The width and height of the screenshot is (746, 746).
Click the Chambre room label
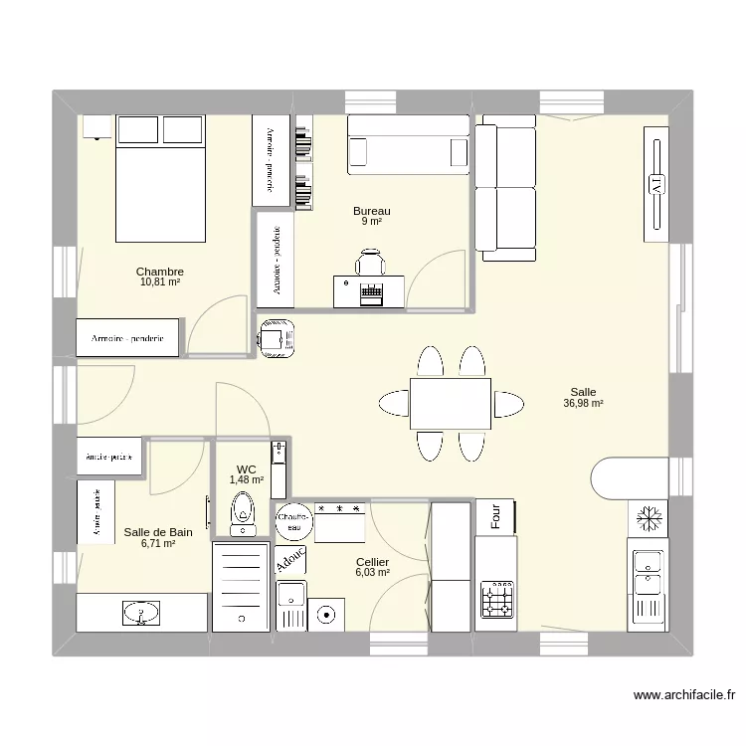point(159,272)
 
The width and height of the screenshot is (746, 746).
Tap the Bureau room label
point(371,211)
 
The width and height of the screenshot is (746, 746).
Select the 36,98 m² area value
point(583,404)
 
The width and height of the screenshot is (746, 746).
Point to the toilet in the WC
point(241,514)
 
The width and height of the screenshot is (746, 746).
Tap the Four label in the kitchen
point(495,515)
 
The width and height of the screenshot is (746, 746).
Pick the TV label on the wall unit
point(655,184)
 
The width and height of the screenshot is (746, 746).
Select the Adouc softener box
point(290,562)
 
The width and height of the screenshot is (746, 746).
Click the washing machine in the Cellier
point(325,616)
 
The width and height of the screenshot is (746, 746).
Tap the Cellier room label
point(372,562)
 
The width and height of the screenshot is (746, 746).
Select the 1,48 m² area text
point(247,479)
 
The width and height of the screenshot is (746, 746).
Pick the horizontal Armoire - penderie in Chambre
point(127,339)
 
